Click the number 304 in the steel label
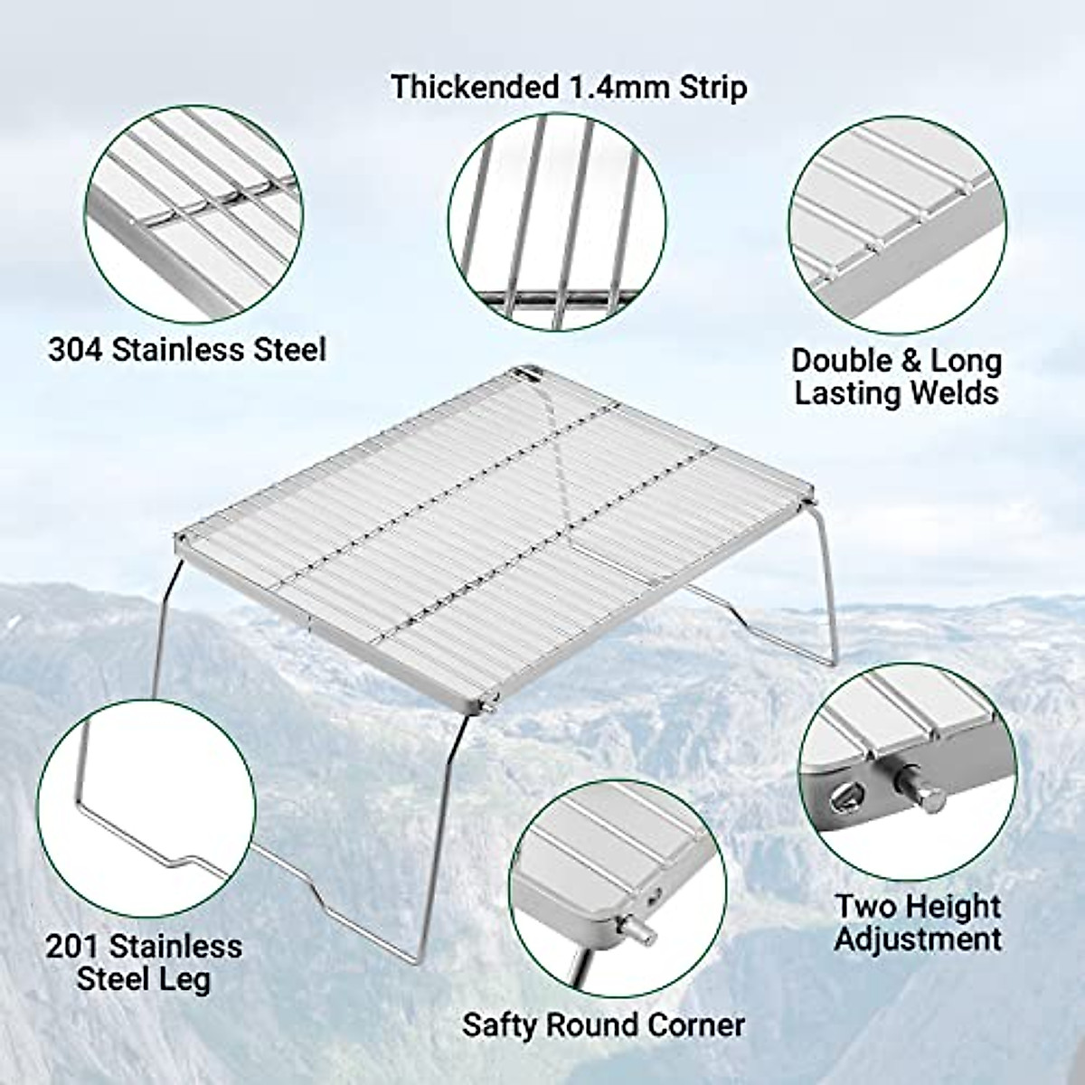tap(75, 349)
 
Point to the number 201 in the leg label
tap(76, 946)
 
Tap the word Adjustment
tap(918, 939)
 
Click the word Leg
tap(186, 979)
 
